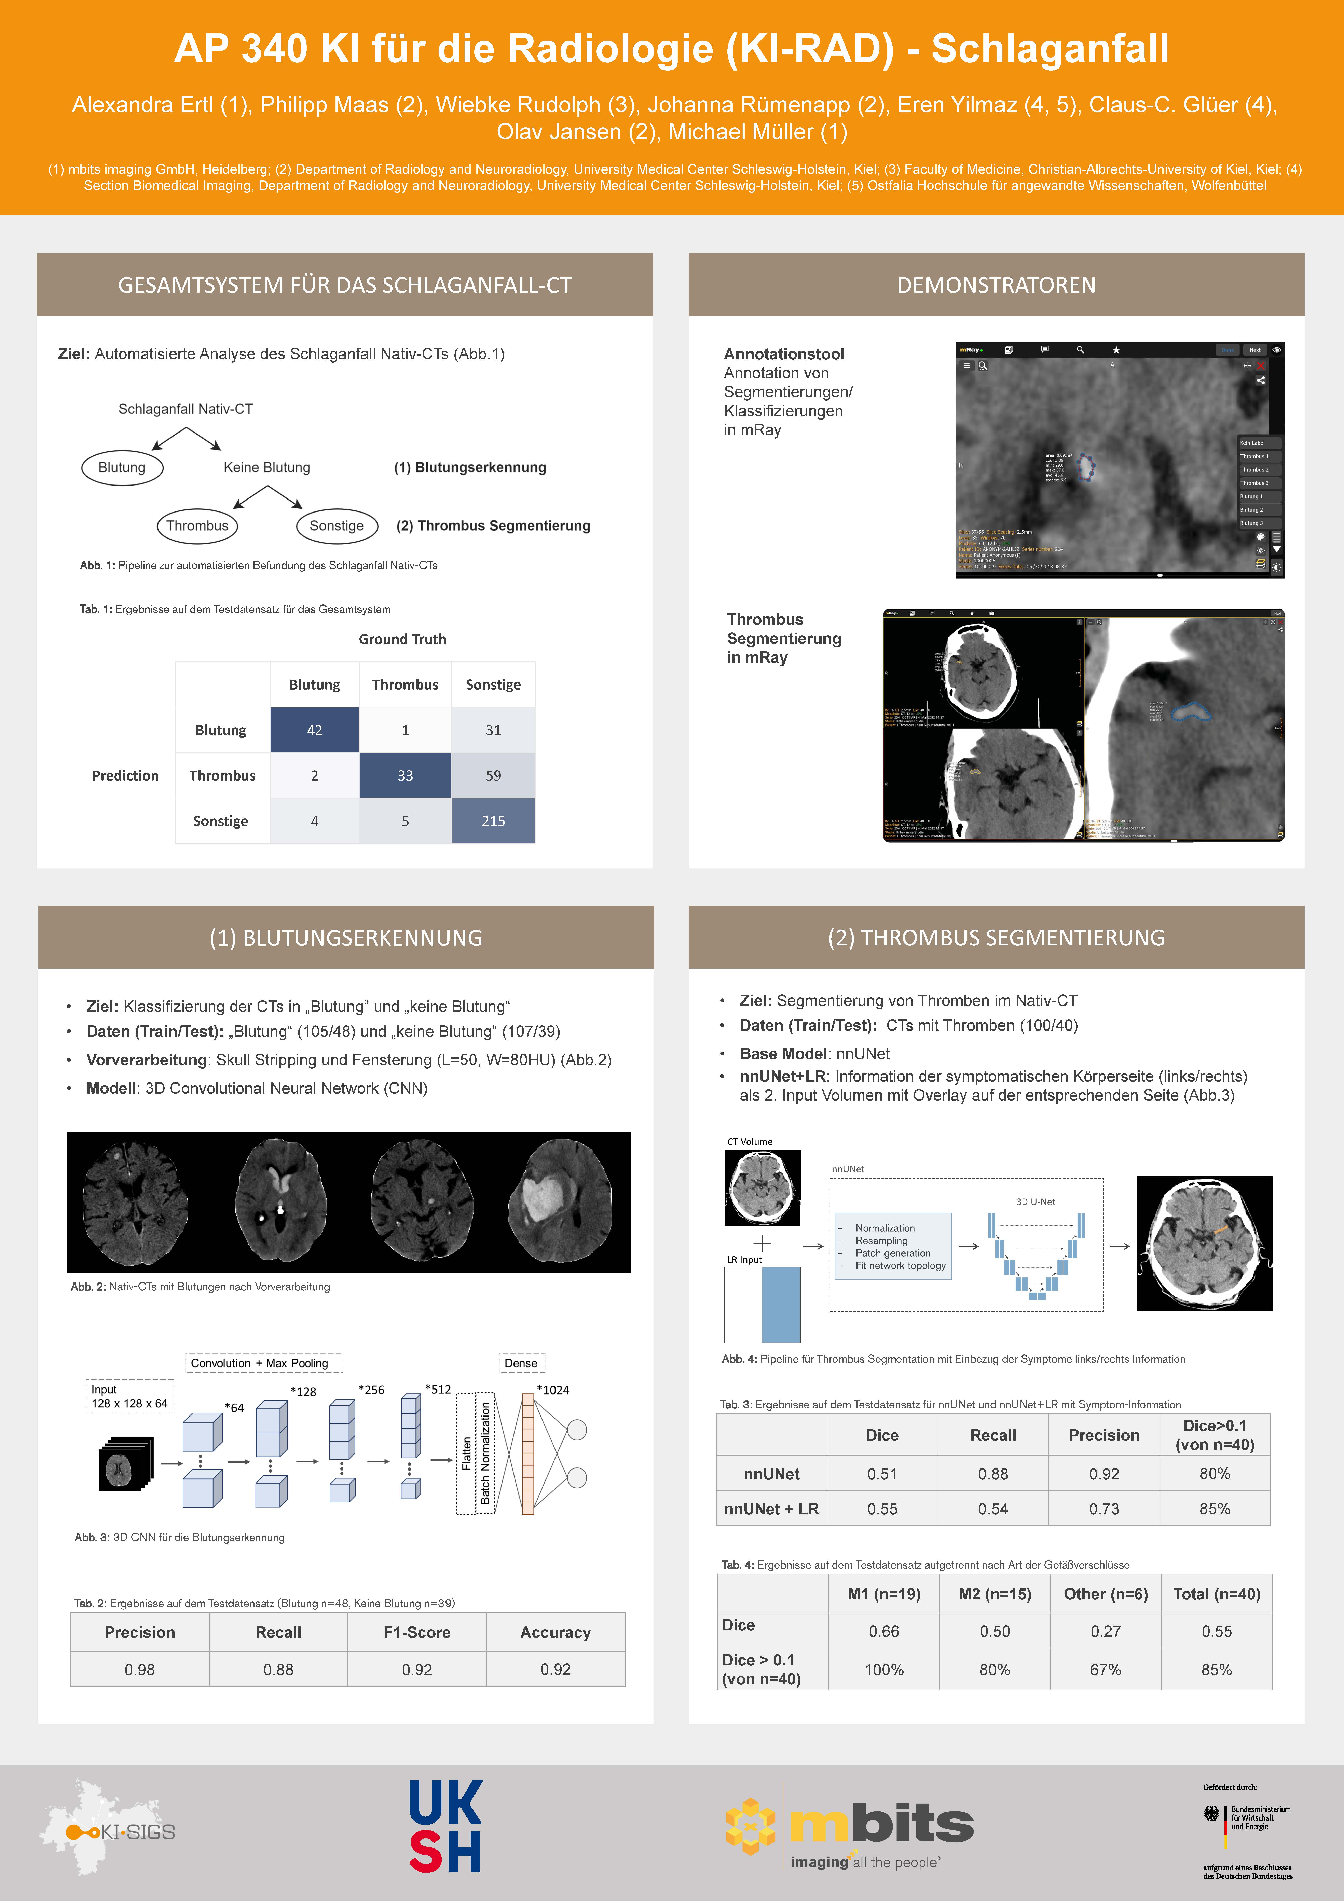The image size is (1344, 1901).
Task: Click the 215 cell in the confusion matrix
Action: click(493, 821)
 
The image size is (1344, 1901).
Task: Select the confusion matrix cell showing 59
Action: click(493, 775)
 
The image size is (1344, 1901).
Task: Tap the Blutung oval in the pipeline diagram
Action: click(122, 467)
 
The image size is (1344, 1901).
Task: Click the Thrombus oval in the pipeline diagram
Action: click(197, 526)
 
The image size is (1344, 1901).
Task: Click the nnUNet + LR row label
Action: click(771, 1508)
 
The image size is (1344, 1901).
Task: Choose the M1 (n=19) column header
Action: click(884, 1594)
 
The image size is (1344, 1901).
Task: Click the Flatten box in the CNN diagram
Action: click(466, 1453)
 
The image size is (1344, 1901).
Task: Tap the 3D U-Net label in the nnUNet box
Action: click(1035, 1201)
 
